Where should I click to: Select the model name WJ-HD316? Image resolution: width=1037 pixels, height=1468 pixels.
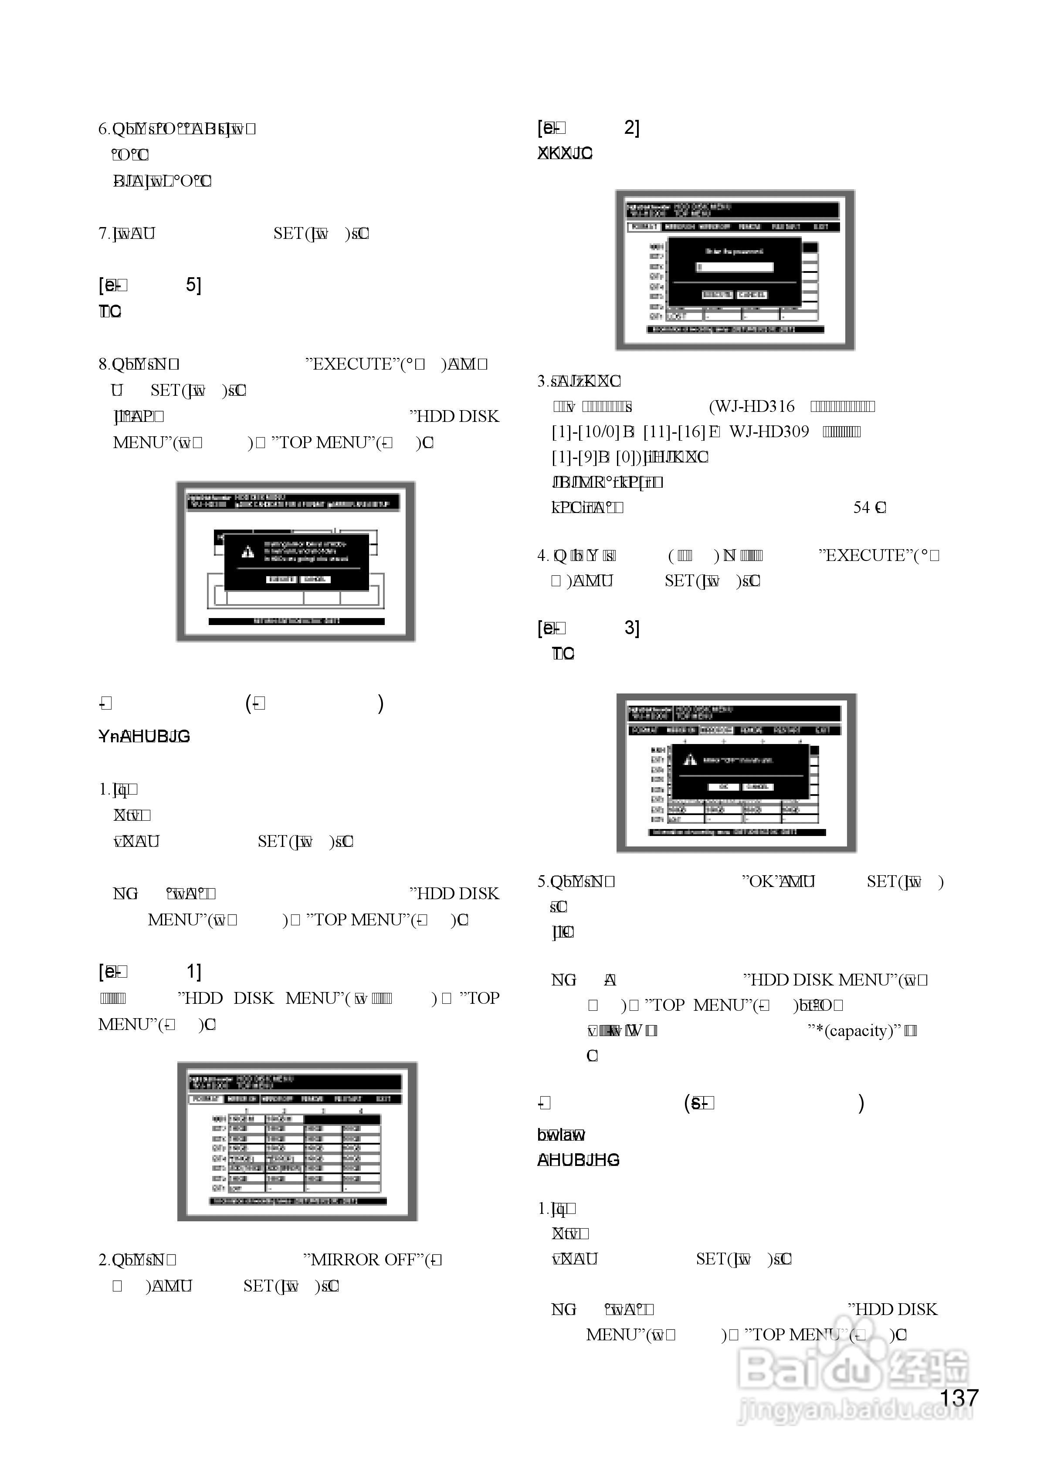pyautogui.click(x=752, y=407)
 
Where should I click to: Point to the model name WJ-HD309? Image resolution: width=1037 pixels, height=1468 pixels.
pyautogui.click(x=769, y=432)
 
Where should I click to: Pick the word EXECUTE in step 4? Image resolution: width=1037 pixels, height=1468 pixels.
pyautogui.click(x=863, y=556)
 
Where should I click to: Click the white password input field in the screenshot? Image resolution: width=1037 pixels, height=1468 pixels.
pyautogui.click(x=735, y=267)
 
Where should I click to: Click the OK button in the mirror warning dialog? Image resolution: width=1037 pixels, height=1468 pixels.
pyautogui.click(x=724, y=787)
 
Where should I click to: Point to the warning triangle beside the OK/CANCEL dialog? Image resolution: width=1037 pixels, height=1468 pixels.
pyautogui.click(x=689, y=760)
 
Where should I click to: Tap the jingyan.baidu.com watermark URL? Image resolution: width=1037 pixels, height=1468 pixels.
pyautogui.click(x=854, y=1409)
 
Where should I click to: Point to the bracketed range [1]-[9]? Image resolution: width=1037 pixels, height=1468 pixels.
pyautogui.click(x=575, y=458)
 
